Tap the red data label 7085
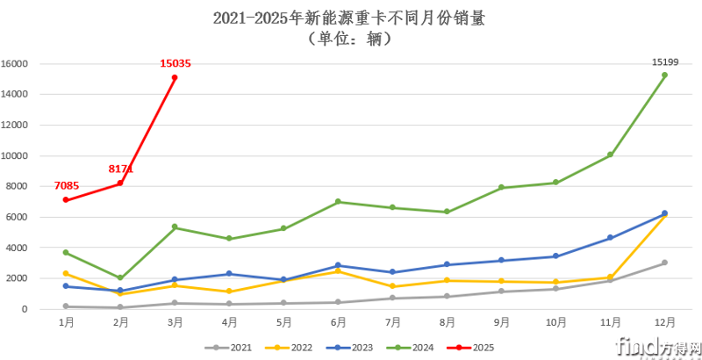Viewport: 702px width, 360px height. (x=67, y=185)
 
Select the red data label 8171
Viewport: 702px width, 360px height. (x=121, y=168)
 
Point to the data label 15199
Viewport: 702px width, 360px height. (x=664, y=61)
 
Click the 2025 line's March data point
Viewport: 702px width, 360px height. (x=175, y=77)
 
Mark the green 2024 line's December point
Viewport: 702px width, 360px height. (x=664, y=75)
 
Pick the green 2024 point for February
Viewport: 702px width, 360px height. (x=120, y=277)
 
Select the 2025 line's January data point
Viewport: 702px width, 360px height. (x=66, y=199)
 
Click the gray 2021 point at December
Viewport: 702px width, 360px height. (x=664, y=263)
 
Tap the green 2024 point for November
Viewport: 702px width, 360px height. (x=610, y=155)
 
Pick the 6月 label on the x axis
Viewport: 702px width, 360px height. (x=338, y=323)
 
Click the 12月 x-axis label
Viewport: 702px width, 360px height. (x=664, y=323)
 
